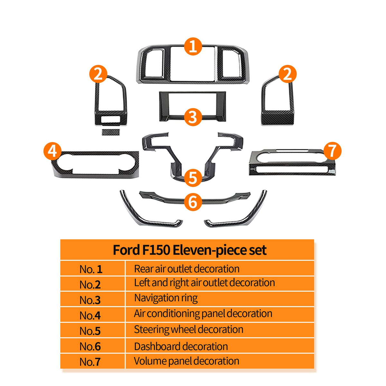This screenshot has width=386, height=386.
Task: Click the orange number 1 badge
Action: (193, 46)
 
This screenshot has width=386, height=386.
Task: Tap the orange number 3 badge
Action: (193, 117)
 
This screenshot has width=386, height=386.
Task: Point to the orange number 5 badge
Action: (193, 178)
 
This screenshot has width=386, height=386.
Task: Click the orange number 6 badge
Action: (193, 202)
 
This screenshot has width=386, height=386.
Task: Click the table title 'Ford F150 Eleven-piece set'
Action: (189, 250)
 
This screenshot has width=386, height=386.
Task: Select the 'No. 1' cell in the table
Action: (91, 269)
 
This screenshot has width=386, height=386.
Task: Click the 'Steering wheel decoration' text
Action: (188, 329)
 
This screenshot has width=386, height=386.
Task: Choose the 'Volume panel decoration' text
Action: (187, 361)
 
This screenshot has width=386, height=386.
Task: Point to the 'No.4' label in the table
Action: (90, 316)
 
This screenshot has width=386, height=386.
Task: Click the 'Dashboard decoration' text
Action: (181, 346)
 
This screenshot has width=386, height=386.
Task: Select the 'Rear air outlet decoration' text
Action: (187, 269)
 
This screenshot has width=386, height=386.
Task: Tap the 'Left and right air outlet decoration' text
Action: (204, 283)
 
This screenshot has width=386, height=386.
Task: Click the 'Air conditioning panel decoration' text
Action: (203, 314)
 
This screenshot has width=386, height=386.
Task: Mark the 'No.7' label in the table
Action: (90, 362)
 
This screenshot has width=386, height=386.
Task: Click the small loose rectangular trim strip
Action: (110, 132)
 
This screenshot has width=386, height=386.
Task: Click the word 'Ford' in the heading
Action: (126, 250)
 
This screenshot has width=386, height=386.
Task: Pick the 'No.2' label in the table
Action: (90, 285)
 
